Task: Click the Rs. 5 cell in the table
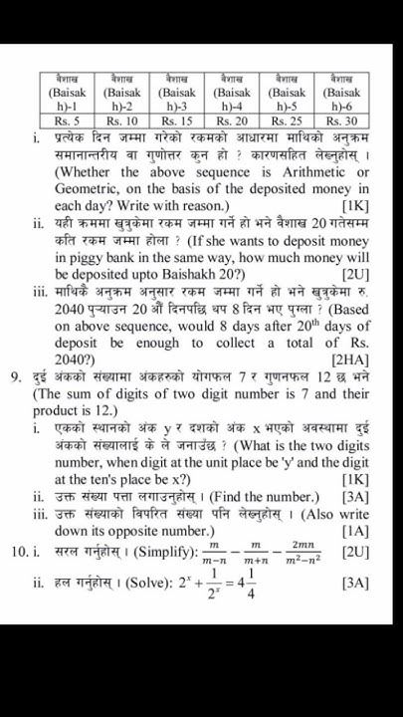(x=68, y=120)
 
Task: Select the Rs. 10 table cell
(x=123, y=120)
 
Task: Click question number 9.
(x=17, y=376)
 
